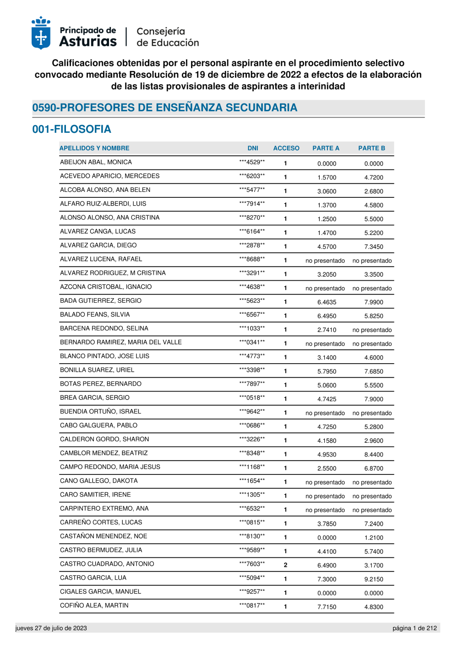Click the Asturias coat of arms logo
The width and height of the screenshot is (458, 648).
tap(41, 33)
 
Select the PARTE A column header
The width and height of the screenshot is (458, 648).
tap(326, 148)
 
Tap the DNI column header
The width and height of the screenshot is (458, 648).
tap(253, 148)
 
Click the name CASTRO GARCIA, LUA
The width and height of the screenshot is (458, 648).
tap(93, 578)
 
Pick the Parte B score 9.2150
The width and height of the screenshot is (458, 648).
tap(374, 579)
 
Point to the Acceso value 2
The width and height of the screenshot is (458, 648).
tap(285, 565)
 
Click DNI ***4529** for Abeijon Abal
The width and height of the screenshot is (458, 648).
tap(252, 162)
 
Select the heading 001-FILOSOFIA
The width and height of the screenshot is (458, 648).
tap(71, 129)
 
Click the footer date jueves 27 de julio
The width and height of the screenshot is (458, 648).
tap(51, 628)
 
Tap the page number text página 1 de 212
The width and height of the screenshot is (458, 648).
tap(414, 628)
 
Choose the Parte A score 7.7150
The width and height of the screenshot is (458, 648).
tap(327, 607)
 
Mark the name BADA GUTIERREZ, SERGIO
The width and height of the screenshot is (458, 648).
tap(101, 301)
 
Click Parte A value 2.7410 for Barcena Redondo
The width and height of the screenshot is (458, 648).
tap(327, 330)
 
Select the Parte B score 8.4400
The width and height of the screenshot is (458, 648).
tap(374, 455)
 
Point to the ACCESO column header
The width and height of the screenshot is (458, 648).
tap(286, 148)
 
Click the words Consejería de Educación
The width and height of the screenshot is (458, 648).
tap(168, 37)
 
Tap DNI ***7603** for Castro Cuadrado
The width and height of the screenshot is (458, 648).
tap(252, 564)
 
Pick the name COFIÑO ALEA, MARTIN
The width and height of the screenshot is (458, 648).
tap(94, 605)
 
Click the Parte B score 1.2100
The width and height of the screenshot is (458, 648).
tap(374, 538)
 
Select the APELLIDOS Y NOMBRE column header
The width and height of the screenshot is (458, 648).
tap(94, 148)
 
